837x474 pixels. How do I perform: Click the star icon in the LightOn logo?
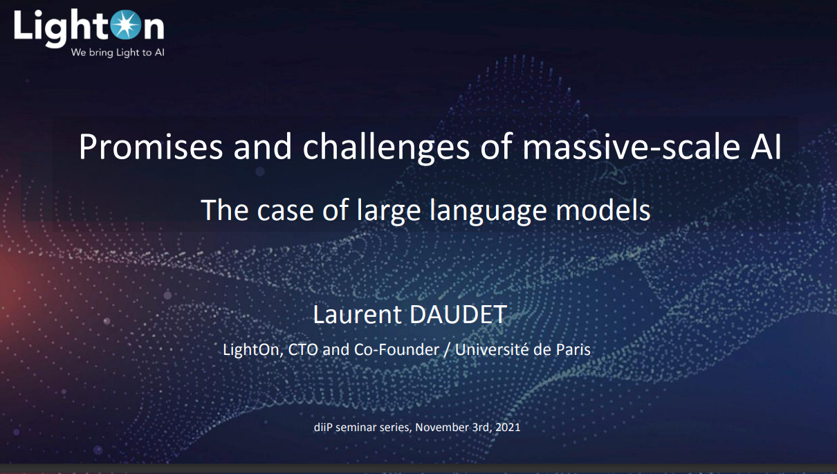126,25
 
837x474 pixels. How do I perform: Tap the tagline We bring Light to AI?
118,53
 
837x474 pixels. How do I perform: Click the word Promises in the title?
151,147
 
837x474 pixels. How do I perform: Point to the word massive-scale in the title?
631,147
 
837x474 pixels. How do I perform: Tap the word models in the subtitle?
603,210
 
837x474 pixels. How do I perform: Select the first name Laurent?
357,314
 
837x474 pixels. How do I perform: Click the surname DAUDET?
459,314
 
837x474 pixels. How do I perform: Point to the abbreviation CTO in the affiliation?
303,349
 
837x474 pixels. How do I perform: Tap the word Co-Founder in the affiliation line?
396,349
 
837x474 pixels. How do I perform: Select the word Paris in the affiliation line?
573,349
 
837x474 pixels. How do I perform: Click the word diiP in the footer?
323,427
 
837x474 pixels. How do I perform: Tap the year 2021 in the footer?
508,427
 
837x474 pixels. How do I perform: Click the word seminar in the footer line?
356,427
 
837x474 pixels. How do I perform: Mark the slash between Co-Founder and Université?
447,350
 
